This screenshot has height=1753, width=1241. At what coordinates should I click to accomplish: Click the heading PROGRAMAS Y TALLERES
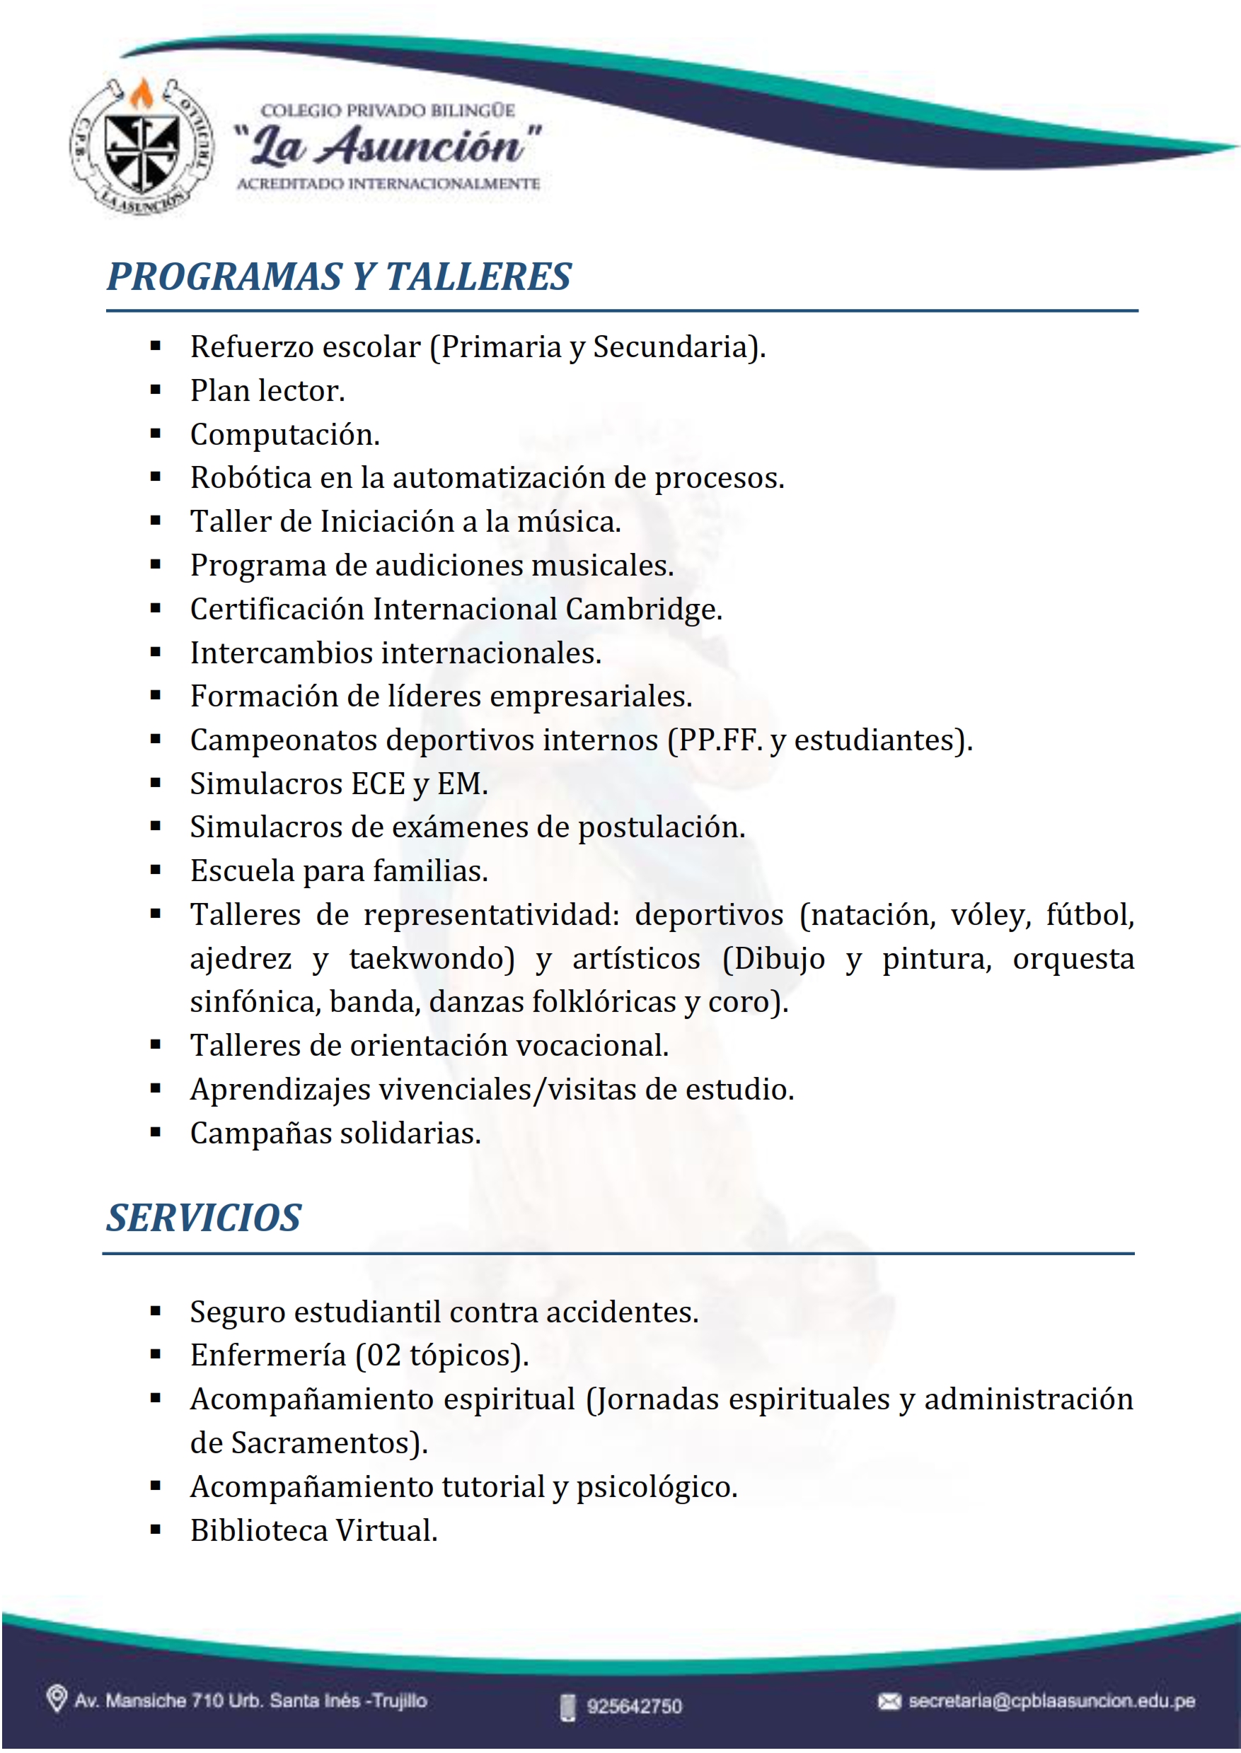338,276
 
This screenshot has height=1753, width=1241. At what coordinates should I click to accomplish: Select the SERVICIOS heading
203,1218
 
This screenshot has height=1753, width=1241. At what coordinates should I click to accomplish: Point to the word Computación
284,435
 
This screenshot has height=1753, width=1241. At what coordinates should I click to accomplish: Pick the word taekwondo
432,959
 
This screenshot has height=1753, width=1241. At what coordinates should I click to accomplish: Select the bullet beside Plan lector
156,390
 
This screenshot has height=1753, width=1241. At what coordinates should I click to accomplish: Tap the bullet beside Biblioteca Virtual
156,1530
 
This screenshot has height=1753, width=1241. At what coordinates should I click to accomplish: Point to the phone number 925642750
633,1706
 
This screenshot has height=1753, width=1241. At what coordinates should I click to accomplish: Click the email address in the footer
1051,1701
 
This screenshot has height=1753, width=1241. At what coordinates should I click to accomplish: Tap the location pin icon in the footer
56,1699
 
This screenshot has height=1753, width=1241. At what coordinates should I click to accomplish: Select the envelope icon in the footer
889,1701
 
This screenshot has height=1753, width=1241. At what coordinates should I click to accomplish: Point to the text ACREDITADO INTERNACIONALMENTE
388,184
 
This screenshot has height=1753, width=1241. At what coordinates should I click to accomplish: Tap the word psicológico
656,1487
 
